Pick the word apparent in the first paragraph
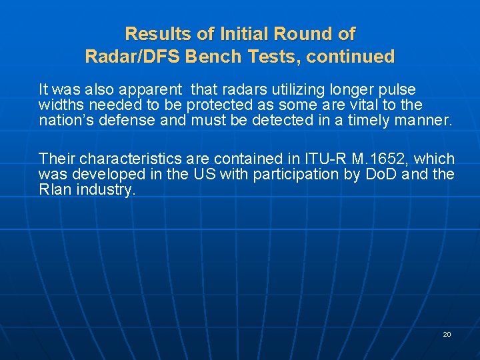click(150, 89)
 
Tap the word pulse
click(397, 89)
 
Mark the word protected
click(227, 105)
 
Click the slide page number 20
click(447, 334)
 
